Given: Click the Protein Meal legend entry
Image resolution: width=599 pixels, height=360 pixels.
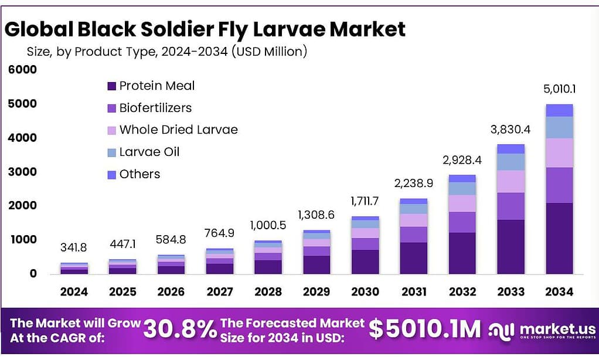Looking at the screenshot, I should click(151, 86).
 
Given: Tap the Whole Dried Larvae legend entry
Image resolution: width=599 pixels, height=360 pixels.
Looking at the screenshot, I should click(172, 130).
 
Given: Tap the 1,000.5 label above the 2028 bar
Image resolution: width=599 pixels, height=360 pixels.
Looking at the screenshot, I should click(268, 225).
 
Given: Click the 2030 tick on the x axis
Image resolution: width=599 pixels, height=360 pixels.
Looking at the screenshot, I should click(365, 291).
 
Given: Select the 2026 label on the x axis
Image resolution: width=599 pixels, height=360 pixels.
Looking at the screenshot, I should click(171, 291).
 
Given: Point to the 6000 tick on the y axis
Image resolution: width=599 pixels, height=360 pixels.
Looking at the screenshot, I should click(22, 70).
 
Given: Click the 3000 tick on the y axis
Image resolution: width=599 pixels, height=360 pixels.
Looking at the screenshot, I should click(22, 172).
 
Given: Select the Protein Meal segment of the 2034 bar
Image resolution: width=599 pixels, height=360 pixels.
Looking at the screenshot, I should click(559, 238).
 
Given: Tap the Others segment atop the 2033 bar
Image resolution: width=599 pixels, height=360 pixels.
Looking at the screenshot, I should click(510, 149).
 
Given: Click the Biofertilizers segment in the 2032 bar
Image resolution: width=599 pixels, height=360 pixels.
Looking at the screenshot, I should click(462, 222).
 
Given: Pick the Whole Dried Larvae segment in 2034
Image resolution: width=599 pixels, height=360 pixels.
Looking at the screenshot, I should click(559, 152).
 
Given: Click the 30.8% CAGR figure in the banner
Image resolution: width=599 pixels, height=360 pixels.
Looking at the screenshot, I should click(180, 329).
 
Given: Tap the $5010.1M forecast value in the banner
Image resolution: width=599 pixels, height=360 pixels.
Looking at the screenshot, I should click(424, 329).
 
